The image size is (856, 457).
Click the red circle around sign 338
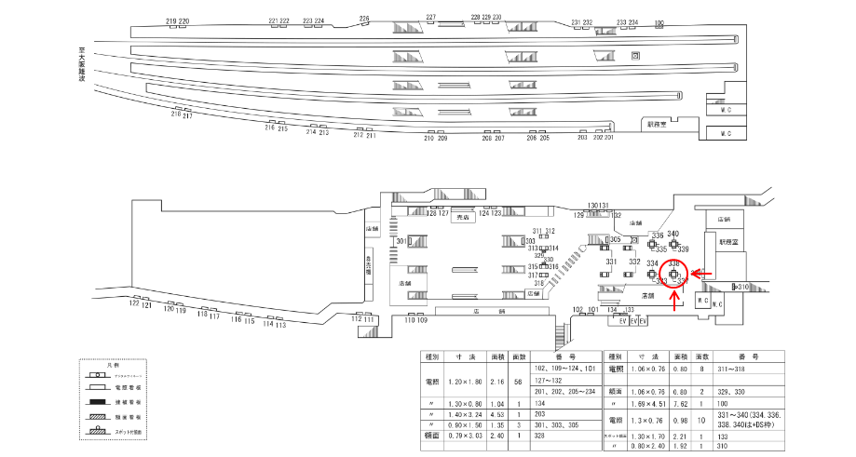point(673,274)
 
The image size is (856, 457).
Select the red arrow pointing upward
point(673,295)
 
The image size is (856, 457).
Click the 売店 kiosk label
point(463,217)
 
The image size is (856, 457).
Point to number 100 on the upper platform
point(659,22)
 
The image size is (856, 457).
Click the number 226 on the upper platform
point(364,19)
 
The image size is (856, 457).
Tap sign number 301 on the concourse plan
point(401,241)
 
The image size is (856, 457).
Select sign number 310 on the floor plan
point(742,288)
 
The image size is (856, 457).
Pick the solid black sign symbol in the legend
point(96,401)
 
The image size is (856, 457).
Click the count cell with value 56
point(518,382)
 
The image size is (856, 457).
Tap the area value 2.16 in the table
point(496,382)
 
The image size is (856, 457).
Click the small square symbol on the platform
point(635,57)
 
